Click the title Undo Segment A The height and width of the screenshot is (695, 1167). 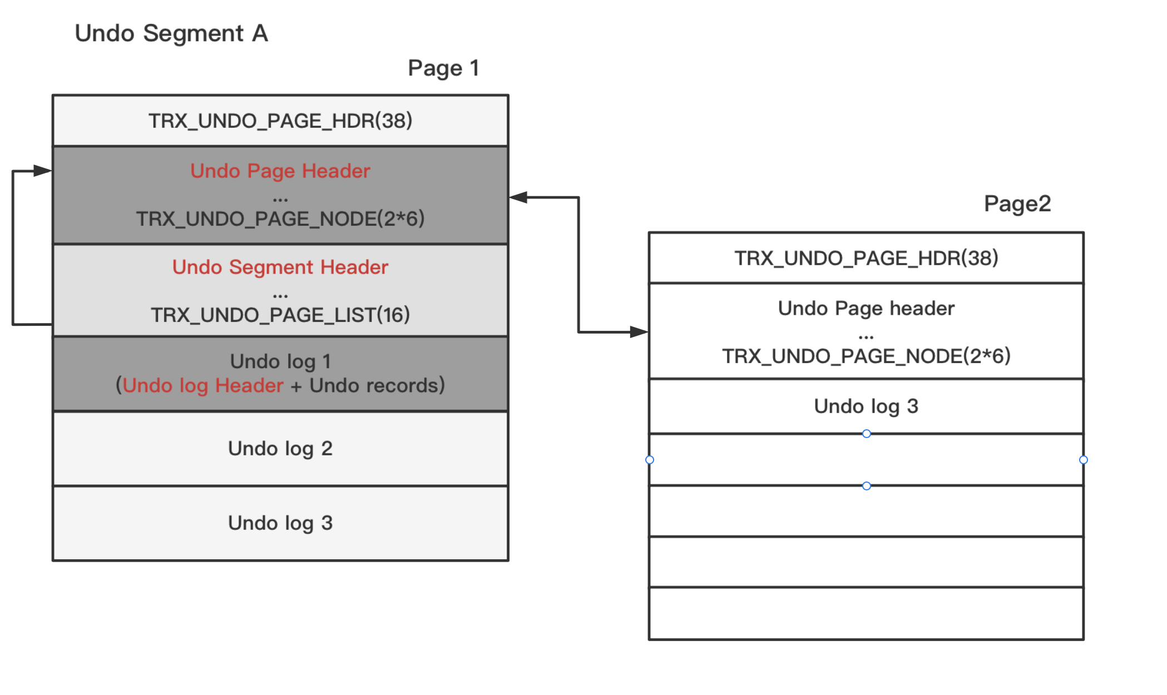171,33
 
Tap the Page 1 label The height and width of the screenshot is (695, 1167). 443,68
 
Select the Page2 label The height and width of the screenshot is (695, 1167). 1017,204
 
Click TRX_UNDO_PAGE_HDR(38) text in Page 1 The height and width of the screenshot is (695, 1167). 280,121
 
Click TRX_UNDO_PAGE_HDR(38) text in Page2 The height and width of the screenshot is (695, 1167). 866,258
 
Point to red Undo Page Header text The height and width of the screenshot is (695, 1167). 280,171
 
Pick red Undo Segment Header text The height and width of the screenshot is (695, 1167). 280,267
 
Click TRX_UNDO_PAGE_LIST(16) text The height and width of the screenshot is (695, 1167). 280,315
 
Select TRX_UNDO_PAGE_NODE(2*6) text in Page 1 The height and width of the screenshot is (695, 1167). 280,219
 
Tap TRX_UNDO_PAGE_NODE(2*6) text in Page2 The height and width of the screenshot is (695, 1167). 866,356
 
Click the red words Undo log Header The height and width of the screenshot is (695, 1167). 203,386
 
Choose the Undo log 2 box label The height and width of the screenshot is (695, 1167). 280,449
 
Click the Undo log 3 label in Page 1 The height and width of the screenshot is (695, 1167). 280,523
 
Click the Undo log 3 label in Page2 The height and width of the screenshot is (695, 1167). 866,406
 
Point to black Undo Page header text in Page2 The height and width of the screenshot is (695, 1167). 866,309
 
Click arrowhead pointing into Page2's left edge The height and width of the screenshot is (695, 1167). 640,332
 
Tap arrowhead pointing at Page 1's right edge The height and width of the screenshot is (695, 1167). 518,197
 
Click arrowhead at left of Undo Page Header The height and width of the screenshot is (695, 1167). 43,171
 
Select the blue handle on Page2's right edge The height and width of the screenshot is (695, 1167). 1083,460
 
